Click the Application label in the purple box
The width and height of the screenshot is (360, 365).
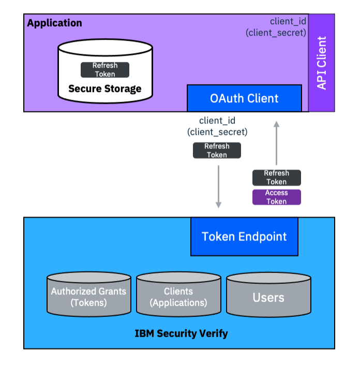tap(54, 23)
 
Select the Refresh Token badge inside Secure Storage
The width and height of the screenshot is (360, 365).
tap(105, 70)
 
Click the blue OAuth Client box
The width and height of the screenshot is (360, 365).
tap(244, 98)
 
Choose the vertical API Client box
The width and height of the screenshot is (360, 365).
tap(322, 63)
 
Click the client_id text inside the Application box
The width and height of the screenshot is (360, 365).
tap(288, 22)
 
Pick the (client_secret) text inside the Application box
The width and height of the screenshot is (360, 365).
tap(276, 33)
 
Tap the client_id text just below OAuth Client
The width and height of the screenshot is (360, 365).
tap(217, 120)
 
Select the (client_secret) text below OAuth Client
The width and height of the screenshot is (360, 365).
tap(217, 132)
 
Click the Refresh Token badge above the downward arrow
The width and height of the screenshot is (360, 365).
tap(217, 150)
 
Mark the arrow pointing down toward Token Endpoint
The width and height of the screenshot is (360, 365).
tap(219, 186)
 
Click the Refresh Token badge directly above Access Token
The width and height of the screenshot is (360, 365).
tap(277, 177)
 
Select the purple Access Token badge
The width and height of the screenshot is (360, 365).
tap(277, 197)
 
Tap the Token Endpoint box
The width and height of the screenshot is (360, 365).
tap(244, 237)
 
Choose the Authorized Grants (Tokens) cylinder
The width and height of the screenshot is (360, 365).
tap(88, 295)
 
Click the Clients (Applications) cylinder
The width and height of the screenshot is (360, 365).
tap(178, 295)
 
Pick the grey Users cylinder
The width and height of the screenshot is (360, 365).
tap(268, 295)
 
